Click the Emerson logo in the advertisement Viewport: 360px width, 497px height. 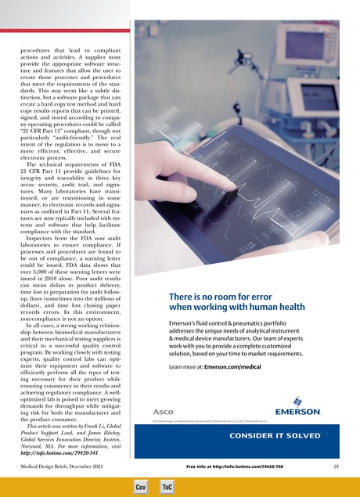296,409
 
